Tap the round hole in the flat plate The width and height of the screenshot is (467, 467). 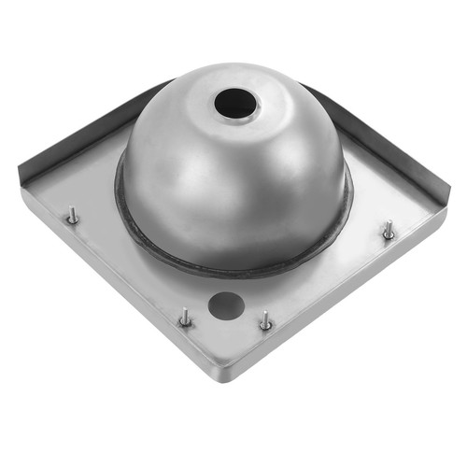(225, 304)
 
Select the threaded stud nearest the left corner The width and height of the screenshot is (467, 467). (73, 217)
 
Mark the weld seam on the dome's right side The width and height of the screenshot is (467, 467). (347, 210)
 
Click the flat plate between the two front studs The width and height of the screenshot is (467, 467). (224, 332)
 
